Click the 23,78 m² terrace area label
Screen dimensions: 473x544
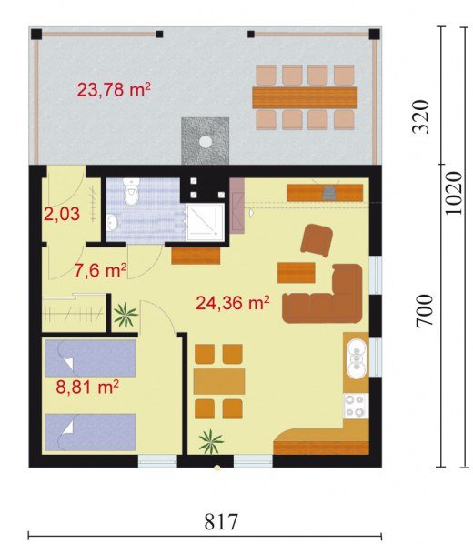pyautogui.click(x=114, y=89)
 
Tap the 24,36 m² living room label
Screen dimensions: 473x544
pyautogui.click(x=233, y=303)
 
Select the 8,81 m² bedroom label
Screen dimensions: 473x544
pyautogui.click(x=88, y=387)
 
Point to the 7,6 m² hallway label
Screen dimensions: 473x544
pyautogui.click(x=100, y=270)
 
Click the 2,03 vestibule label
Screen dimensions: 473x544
pyautogui.click(x=62, y=214)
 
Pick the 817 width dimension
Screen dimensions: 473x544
pyautogui.click(x=221, y=521)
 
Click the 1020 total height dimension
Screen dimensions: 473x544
pyautogui.click(x=454, y=193)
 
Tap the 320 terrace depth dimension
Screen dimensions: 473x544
pyautogui.click(x=420, y=116)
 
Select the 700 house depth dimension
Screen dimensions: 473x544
pyautogui.click(x=425, y=310)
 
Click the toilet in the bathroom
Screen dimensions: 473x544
pyautogui.click(x=132, y=192)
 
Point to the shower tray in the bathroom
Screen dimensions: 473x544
pyautogui.click(x=206, y=222)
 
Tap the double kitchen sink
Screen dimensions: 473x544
pyautogui.click(x=356, y=359)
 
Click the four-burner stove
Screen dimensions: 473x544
pyautogui.click(x=356, y=407)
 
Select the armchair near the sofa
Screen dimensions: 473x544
pyautogui.click(x=317, y=240)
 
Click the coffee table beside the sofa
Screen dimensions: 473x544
pyautogui.click(x=296, y=273)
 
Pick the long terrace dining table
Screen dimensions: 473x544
pyautogui.click(x=305, y=98)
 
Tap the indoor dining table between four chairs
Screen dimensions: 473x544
pyautogui.click(x=219, y=381)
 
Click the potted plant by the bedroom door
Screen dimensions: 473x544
pyautogui.click(x=126, y=315)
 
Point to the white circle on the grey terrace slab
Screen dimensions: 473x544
pyautogui.click(x=206, y=142)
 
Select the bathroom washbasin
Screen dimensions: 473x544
pyautogui.click(x=112, y=222)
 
